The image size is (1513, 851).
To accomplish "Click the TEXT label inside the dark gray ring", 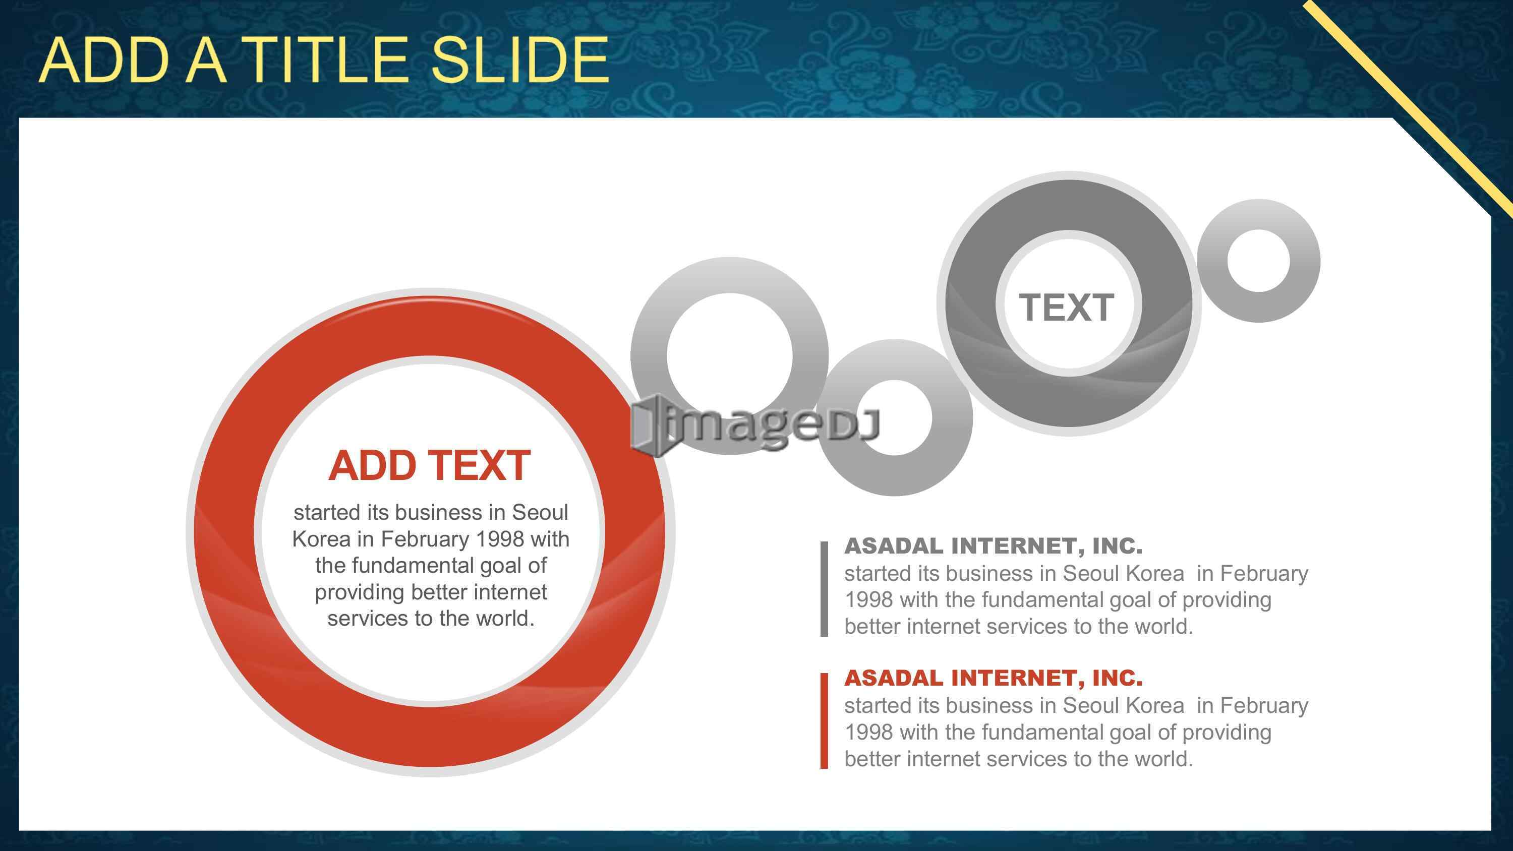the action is click(1067, 307).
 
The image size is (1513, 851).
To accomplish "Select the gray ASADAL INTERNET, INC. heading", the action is click(993, 545).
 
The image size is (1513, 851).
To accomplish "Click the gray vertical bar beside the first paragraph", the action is click(824, 588).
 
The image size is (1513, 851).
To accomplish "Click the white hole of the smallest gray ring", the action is click(1258, 261).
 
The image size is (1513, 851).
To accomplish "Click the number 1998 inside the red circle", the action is click(500, 538).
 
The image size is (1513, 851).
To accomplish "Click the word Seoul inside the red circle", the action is click(540, 512).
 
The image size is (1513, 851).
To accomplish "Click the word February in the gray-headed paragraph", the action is click(1264, 573).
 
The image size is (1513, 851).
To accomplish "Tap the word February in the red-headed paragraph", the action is click(1264, 705).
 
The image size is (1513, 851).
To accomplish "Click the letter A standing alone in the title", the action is click(206, 59).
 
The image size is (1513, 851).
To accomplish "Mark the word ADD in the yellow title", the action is click(104, 59).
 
